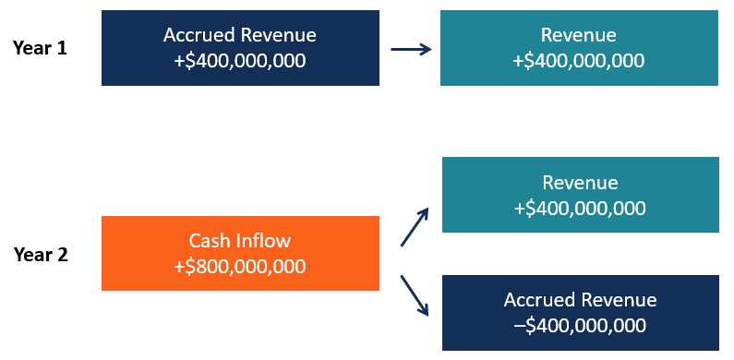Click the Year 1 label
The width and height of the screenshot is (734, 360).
(x=41, y=48)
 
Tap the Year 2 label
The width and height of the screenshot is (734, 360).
(x=41, y=255)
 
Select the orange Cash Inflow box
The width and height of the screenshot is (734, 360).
(x=240, y=253)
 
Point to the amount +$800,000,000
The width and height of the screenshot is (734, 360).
(x=240, y=266)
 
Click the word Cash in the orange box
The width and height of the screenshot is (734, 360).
(x=209, y=241)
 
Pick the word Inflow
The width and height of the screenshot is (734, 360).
(x=261, y=241)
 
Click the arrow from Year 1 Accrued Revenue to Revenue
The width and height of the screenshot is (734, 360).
(x=410, y=48)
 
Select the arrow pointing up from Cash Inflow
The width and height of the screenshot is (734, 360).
(x=415, y=225)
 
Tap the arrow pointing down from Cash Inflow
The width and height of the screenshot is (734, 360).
(x=415, y=295)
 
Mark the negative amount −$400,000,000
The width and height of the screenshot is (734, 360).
(x=581, y=325)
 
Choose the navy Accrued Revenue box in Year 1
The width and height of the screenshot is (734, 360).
(x=240, y=48)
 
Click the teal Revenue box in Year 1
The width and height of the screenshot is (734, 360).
(x=579, y=48)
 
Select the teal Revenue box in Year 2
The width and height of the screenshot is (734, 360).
(x=581, y=195)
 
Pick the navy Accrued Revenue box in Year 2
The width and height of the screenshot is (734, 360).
(x=581, y=313)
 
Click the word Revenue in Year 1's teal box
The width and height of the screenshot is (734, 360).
(x=579, y=35)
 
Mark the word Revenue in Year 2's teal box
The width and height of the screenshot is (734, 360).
(x=581, y=183)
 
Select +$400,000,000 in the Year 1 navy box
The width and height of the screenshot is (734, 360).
(x=240, y=61)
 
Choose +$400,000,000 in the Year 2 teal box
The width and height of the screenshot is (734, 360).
(x=581, y=208)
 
